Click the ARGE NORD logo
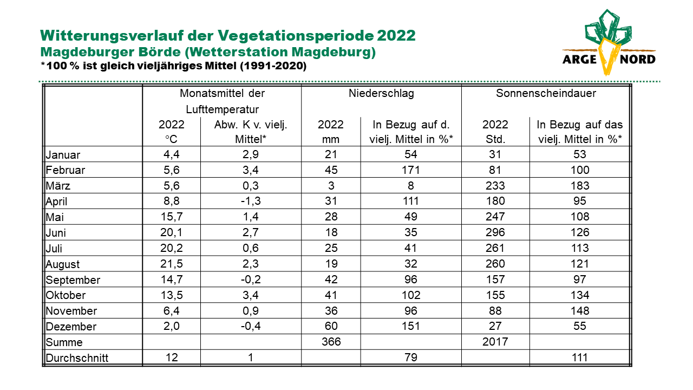[x=609, y=42]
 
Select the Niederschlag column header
[x=381, y=93]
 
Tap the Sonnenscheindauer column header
[x=546, y=93]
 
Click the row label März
[x=58, y=186]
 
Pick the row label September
[x=73, y=280]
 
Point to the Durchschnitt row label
[x=77, y=358]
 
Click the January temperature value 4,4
[x=172, y=154]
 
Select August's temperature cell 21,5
[x=172, y=264]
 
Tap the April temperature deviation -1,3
[x=251, y=201]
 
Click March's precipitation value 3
[x=331, y=186]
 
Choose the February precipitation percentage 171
[x=410, y=170]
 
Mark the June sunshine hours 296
[x=495, y=232]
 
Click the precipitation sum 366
[x=331, y=342]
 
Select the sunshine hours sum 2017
[x=495, y=342]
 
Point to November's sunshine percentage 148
[x=580, y=310]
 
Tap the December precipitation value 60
[x=331, y=326]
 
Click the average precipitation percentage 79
[x=410, y=357]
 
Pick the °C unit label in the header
[x=171, y=139]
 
